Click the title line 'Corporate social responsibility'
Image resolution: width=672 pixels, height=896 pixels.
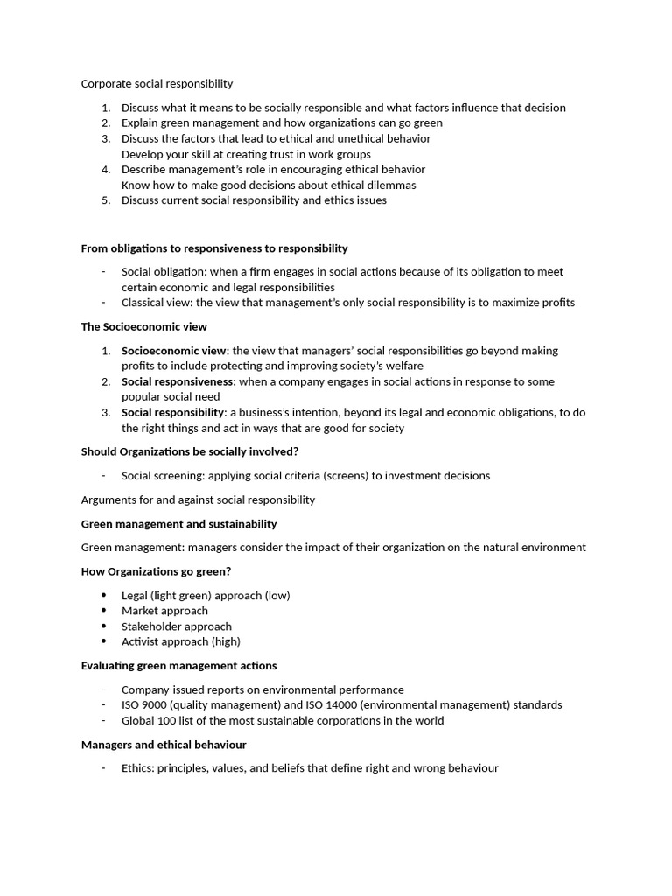pos(157,84)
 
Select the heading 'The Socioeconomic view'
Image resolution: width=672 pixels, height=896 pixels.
pos(143,327)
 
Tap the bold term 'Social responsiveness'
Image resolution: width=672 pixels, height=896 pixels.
pos(178,381)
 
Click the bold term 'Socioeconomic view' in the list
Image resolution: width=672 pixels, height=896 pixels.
pos(173,351)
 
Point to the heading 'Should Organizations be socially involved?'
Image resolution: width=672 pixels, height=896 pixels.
pos(189,451)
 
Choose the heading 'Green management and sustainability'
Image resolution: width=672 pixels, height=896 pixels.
pos(178,524)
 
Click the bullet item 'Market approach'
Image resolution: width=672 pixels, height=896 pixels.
pos(164,611)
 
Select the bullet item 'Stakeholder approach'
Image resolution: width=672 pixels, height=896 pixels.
pos(176,626)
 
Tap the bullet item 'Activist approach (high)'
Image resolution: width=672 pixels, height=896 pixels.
pos(181,641)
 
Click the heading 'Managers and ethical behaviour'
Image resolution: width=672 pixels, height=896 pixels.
pos(164,745)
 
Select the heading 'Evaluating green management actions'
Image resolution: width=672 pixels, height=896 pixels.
pos(178,666)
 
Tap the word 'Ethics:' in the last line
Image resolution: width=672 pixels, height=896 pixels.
pos(138,768)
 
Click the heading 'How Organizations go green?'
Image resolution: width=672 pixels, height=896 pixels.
pos(156,572)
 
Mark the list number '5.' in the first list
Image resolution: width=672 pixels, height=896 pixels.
pos(105,200)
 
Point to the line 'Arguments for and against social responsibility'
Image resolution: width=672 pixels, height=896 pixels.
pos(198,500)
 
